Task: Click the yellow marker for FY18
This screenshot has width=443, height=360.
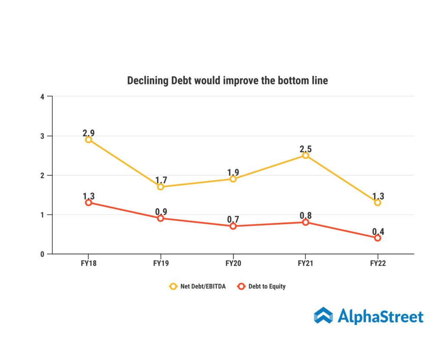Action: coord(89,140)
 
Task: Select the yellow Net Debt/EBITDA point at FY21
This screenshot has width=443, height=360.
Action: coord(305,155)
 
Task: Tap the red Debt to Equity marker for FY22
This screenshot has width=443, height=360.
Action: coord(378,238)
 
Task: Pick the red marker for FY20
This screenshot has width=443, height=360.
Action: coord(233,226)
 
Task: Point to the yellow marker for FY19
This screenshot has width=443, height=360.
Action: coord(161,187)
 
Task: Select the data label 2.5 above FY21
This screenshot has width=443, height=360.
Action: coord(305,149)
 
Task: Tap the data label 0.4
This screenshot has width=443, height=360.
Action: coord(378,231)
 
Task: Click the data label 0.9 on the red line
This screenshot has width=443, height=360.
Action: coord(161,211)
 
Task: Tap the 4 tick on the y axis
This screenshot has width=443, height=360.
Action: coord(42,96)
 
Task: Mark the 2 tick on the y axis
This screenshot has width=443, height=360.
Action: coord(42,175)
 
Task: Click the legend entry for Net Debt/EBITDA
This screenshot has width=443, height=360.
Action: coord(198,286)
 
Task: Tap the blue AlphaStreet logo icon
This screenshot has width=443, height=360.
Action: coord(323,315)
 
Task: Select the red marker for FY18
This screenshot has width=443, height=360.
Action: coord(89,202)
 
